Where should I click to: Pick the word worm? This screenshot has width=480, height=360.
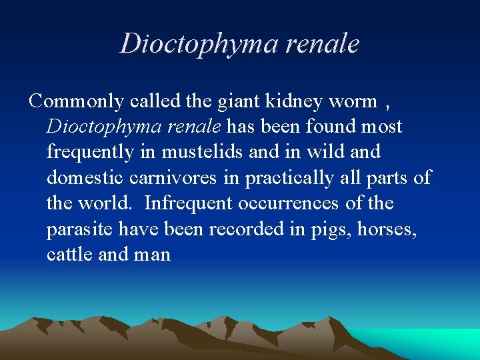click(353, 102)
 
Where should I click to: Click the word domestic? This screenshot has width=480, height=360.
click(84, 178)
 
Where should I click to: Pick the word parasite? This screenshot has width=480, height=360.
click(80, 229)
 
